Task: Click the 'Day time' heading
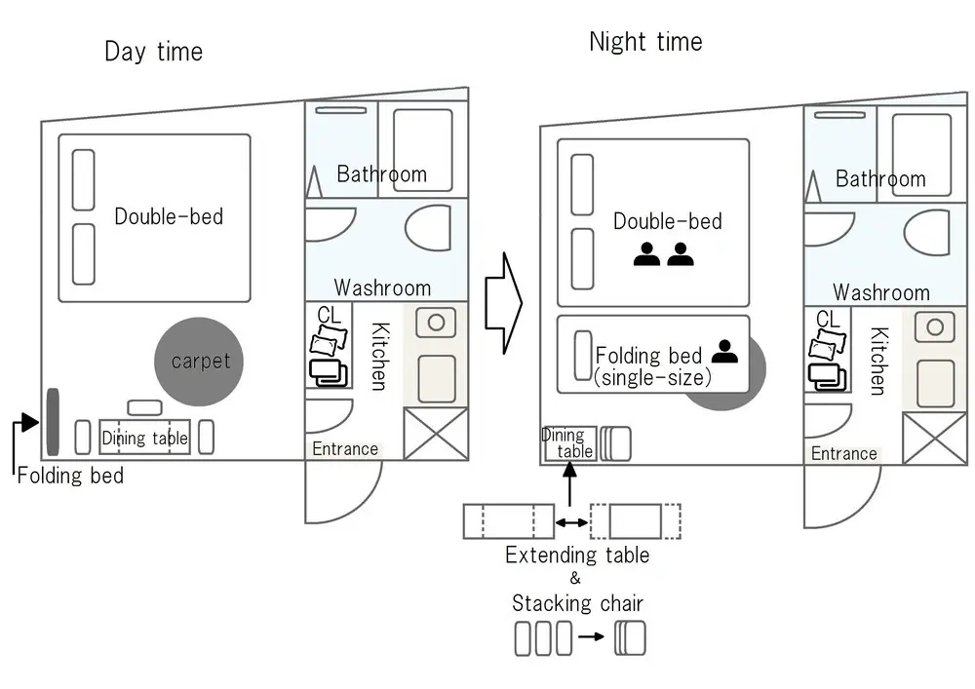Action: click(x=154, y=52)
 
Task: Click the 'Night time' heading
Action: click(x=645, y=42)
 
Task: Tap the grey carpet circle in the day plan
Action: click(x=199, y=362)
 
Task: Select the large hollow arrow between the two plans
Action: click(x=504, y=303)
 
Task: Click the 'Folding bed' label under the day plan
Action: click(x=70, y=476)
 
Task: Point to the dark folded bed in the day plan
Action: click(x=53, y=422)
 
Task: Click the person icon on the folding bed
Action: click(x=724, y=352)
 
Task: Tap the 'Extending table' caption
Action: click(x=577, y=555)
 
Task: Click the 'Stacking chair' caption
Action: click(x=577, y=603)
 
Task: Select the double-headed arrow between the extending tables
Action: click(x=571, y=522)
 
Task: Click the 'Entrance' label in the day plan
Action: click(x=345, y=448)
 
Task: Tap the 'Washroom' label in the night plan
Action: click(x=881, y=292)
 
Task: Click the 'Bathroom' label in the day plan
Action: click(x=382, y=174)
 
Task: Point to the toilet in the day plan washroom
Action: click(x=428, y=228)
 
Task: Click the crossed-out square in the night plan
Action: click(x=935, y=439)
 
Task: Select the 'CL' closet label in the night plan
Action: click(x=828, y=320)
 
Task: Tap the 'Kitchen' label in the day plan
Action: click(x=380, y=356)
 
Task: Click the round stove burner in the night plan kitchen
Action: click(x=935, y=326)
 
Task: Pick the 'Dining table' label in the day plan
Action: click(x=145, y=438)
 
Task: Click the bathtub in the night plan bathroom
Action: click(x=921, y=155)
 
